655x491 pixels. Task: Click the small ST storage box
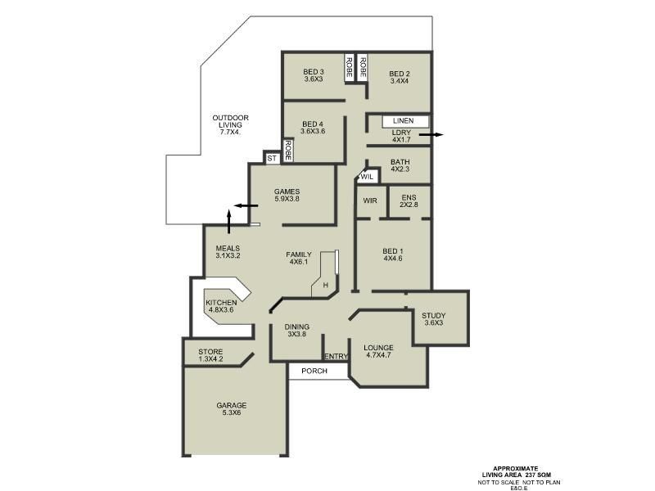click(271, 157)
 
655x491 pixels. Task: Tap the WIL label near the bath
click(368, 177)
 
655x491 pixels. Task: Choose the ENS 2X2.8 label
click(409, 200)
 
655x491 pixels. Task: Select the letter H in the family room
click(325, 285)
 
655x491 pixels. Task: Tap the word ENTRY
click(336, 357)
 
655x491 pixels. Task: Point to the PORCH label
click(314, 372)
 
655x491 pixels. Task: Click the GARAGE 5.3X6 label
click(231, 409)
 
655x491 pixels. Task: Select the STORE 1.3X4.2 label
click(210, 354)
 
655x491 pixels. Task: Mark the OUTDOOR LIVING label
click(230, 125)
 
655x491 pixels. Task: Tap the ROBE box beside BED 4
click(288, 149)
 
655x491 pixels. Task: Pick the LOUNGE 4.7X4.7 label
click(379, 352)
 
